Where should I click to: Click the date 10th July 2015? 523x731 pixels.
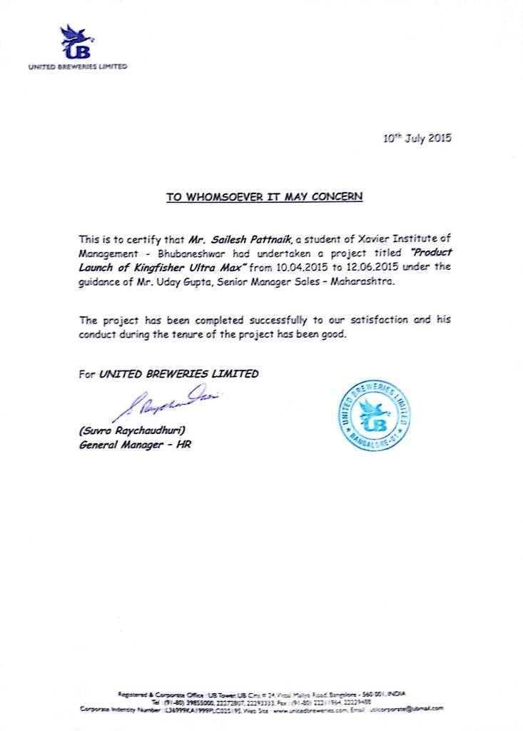click(x=417, y=138)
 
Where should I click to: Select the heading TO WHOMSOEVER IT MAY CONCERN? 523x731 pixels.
click(x=265, y=196)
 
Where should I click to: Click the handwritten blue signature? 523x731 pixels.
click(x=164, y=403)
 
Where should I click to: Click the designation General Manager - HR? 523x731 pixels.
click(x=135, y=445)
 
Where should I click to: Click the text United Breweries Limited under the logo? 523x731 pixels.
click(x=78, y=66)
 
